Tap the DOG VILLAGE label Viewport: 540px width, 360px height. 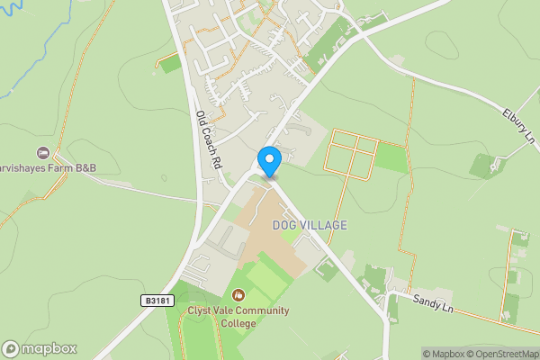pyautogui.click(x=310, y=225)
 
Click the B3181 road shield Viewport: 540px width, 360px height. pyautogui.click(x=157, y=301)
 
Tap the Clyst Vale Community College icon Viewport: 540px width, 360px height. pyautogui.click(x=238, y=294)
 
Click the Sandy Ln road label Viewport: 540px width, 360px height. pyautogui.click(x=434, y=303)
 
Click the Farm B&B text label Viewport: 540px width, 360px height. pyautogui.click(x=50, y=169)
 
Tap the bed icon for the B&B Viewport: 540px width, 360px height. pyautogui.click(x=42, y=154)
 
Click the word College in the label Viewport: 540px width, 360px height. pyautogui.click(x=238, y=324)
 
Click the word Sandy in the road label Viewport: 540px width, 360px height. pyautogui.click(x=425, y=300)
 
